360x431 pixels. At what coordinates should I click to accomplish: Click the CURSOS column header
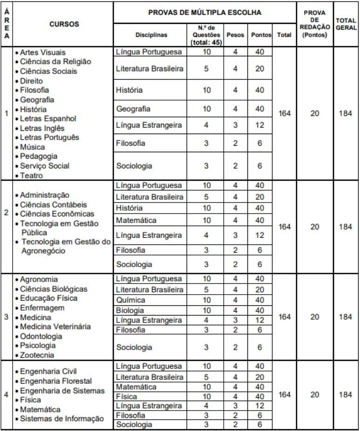click(64, 24)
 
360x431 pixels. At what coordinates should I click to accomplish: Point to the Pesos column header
click(235, 35)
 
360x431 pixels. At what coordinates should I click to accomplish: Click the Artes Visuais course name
click(42, 52)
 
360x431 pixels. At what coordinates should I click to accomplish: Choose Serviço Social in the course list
click(45, 166)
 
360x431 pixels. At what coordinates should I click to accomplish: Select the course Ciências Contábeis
click(53, 204)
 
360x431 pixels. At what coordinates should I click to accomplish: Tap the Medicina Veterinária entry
click(55, 327)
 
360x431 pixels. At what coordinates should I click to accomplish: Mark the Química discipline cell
click(131, 300)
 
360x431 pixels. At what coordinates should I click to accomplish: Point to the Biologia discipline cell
click(130, 310)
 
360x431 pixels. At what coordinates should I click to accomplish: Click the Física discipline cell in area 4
click(127, 397)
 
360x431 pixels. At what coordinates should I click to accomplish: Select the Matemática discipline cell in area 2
click(136, 220)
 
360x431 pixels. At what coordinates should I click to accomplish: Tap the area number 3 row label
click(6, 317)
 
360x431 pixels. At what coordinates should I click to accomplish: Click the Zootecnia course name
click(37, 355)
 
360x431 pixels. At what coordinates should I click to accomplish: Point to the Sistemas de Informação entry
click(62, 419)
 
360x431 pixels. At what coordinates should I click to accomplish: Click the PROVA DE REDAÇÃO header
click(315, 24)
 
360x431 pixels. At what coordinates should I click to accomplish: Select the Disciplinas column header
click(151, 35)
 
